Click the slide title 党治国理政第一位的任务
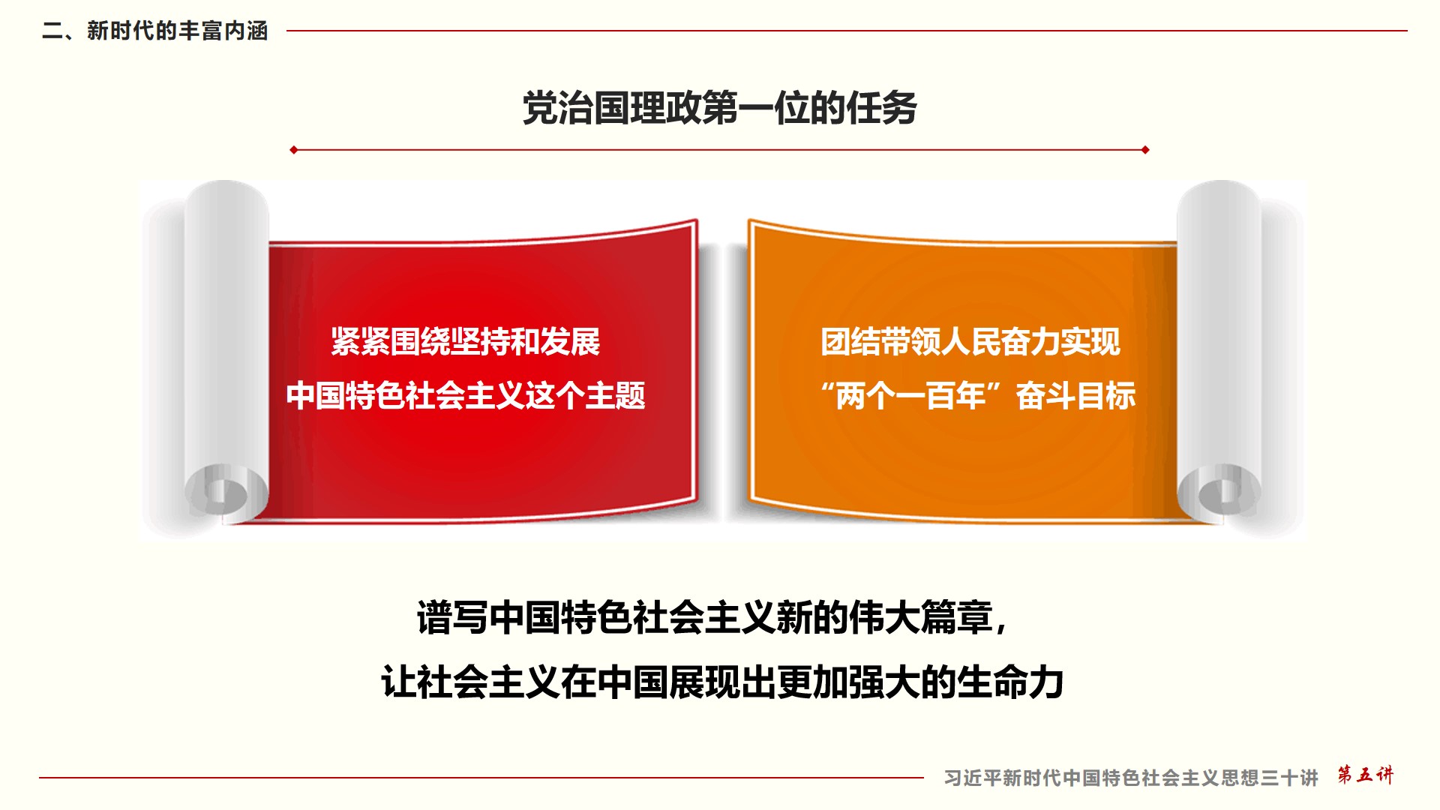(720, 108)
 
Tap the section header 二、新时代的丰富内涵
(155, 31)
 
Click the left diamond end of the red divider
(294, 150)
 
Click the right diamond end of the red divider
(1145, 150)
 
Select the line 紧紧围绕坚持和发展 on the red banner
(465, 342)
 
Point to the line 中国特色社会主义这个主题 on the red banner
(465, 395)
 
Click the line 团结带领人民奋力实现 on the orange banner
(970, 342)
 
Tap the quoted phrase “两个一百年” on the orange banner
(911, 395)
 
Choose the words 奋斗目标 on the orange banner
(1075, 395)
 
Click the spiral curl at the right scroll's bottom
(1220, 491)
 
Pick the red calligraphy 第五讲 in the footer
(1366, 775)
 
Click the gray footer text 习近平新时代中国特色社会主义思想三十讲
(1131, 778)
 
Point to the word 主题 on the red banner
(616, 395)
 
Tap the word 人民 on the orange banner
(970, 342)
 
